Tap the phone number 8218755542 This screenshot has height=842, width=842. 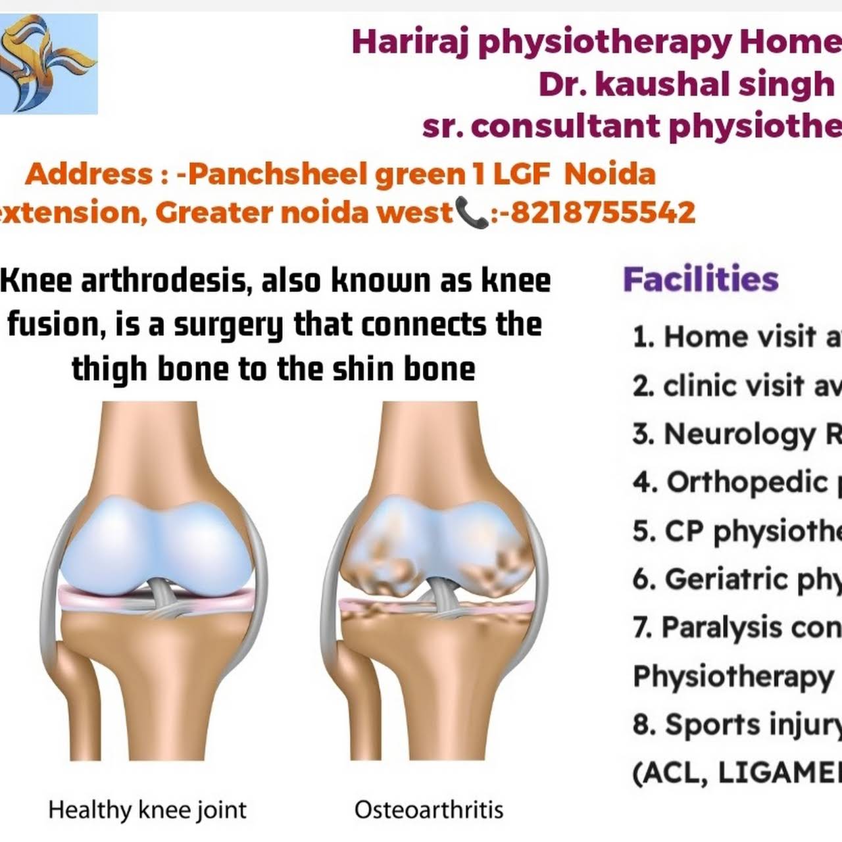[603, 212]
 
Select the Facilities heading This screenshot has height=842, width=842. [701, 279]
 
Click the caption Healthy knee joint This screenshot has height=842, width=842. [147, 809]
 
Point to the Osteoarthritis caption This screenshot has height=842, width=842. [429, 809]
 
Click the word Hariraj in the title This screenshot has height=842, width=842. [411, 42]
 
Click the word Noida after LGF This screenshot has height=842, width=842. [610, 174]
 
